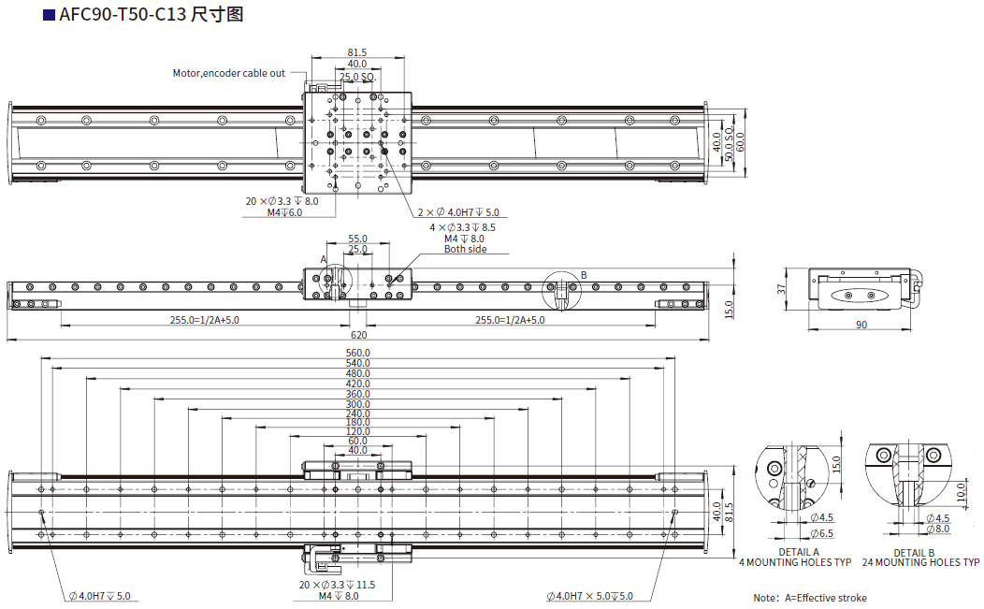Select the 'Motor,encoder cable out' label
pyautogui.click(x=229, y=73)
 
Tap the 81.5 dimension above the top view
pyautogui.click(x=357, y=52)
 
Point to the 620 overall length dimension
pyautogui.click(x=358, y=335)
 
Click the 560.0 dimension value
pyautogui.click(x=358, y=354)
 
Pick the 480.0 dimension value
pyautogui.click(x=358, y=374)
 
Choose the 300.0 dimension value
pyautogui.click(x=358, y=404)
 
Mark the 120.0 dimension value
pyautogui.click(x=358, y=431)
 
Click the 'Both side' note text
pyautogui.click(x=465, y=249)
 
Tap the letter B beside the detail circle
pyautogui.click(x=584, y=275)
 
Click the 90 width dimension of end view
pyautogui.click(x=861, y=325)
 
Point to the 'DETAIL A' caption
pyautogui.click(x=796, y=553)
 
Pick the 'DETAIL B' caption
pyautogui.click(x=914, y=553)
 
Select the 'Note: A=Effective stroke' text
pyautogui.click(x=810, y=598)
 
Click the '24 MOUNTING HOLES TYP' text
pyautogui.click(x=920, y=562)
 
